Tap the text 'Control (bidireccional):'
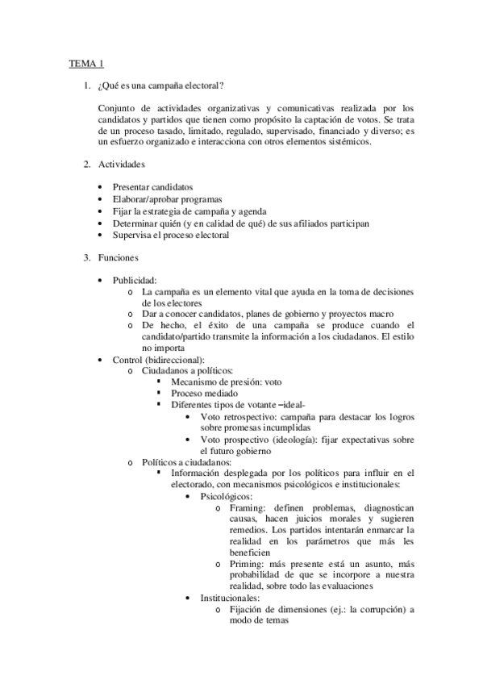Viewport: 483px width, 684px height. click(x=159, y=359)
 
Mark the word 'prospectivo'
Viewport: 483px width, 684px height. click(x=252, y=440)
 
